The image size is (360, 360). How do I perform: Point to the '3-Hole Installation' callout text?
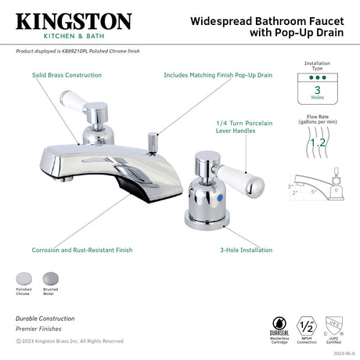246,250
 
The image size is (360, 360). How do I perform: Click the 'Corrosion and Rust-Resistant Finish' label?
82,250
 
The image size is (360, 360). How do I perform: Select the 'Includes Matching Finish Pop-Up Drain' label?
218,75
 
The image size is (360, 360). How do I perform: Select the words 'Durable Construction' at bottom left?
45,319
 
